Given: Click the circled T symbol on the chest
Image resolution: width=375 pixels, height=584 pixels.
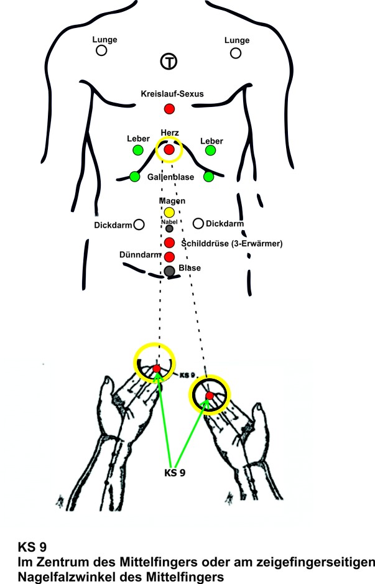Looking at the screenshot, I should click(169, 61).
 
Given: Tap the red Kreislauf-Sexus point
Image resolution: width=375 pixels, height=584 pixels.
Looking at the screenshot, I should click(169, 109).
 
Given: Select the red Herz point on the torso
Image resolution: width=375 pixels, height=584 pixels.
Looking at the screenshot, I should click(169, 149).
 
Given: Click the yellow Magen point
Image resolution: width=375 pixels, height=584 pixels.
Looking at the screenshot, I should click(169, 213).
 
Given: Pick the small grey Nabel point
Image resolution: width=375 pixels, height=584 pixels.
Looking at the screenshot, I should click(169, 228).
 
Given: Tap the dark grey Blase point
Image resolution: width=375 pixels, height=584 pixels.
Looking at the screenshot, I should click(169, 271).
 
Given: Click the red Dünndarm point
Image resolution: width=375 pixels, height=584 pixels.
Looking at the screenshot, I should click(169, 256).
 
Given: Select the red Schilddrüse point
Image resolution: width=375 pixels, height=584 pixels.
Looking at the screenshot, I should click(169, 243).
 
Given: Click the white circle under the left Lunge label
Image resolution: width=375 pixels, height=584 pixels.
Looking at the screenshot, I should click(101, 52).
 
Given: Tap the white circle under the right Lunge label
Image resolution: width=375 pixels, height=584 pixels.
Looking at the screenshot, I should click(236, 53).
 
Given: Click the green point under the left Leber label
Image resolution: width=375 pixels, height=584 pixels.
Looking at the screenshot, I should click(137, 150).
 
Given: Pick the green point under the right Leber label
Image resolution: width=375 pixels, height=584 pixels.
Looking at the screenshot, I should click(210, 150).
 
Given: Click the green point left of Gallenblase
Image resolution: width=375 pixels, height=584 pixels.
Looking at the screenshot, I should click(134, 177).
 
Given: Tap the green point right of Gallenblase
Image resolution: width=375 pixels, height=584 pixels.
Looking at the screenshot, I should click(209, 177).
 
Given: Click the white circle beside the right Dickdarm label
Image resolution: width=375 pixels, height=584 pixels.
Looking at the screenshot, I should click(198, 223).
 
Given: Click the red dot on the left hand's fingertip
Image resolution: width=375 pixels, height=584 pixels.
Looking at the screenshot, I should click(156, 369).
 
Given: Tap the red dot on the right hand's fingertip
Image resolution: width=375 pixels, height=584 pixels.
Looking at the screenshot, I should click(210, 396).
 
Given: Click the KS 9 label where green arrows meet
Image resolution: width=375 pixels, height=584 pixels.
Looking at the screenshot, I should click(175, 472).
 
